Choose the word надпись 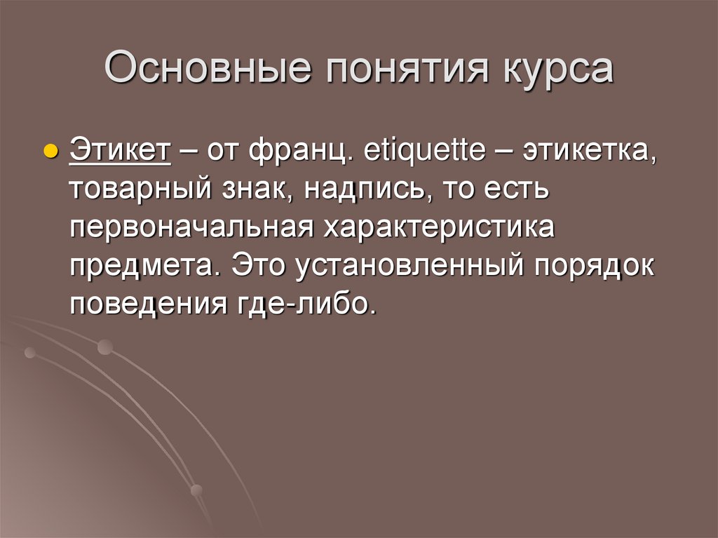pyautogui.click(x=367, y=191)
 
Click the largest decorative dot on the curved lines pyautogui.click(x=105, y=347)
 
